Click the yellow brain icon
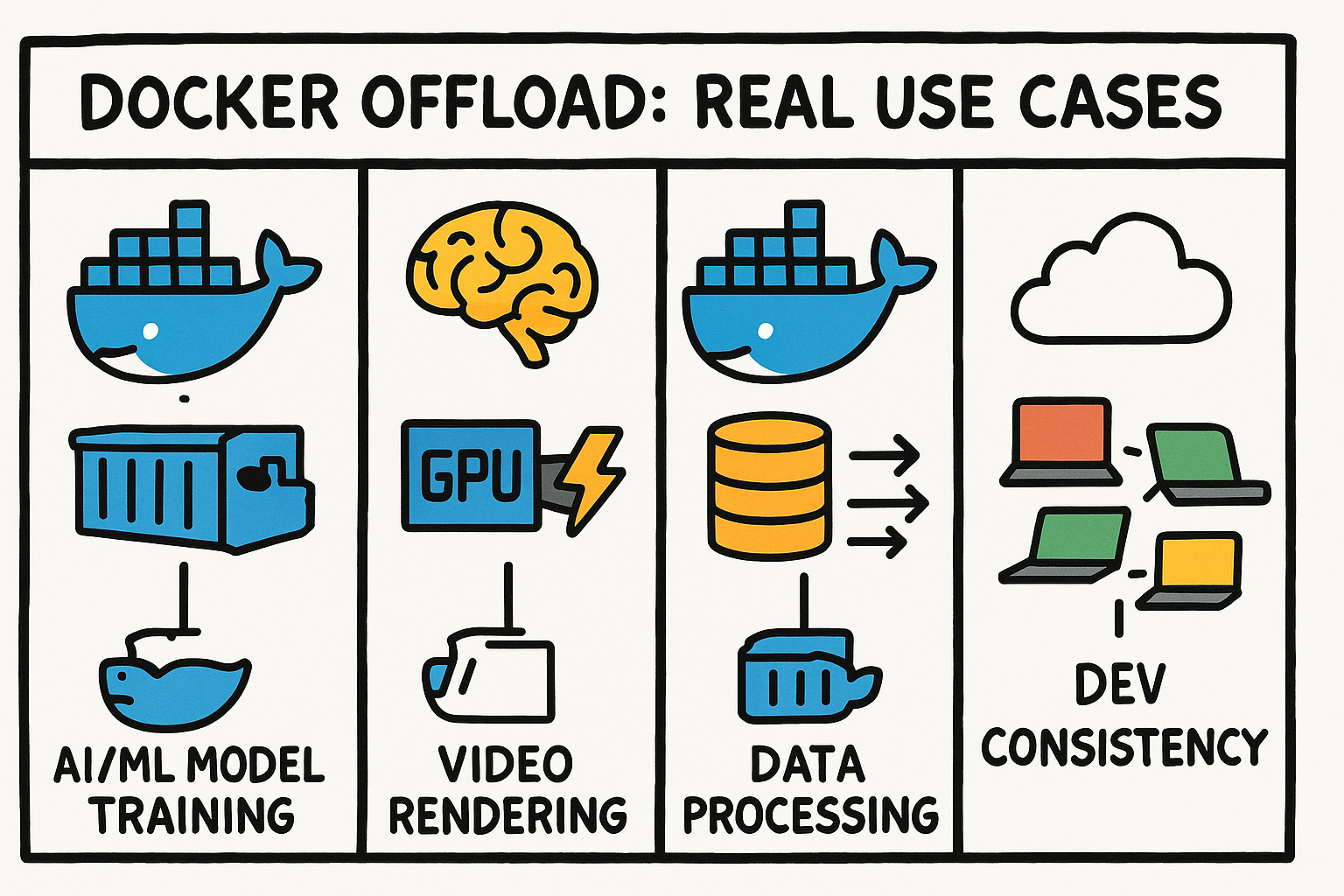pos(502,282)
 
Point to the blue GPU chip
pos(471,475)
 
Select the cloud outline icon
pos(1121,278)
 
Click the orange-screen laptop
pos(1060,442)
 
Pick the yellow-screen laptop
pos(1190,570)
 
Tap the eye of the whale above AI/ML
pos(150,330)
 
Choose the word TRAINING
pos(194,814)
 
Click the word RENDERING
pos(507,814)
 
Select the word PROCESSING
pos(810,814)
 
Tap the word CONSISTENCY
pos(1124,746)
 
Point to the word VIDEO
pos(505,763)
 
